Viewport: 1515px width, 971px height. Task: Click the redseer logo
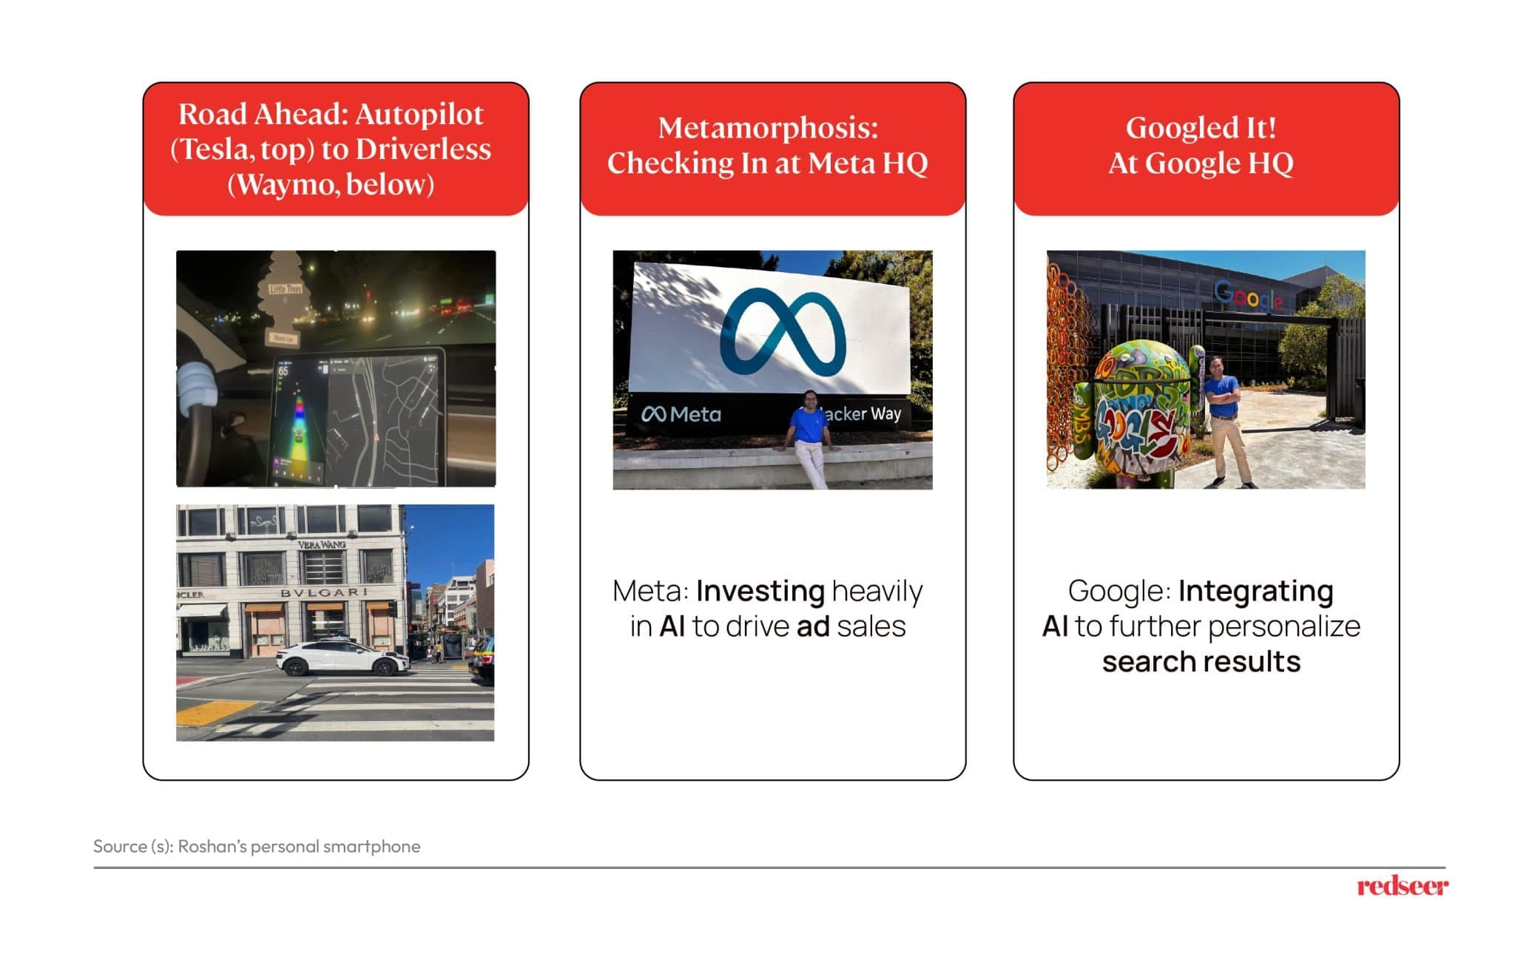1402,886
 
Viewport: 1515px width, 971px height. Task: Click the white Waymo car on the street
342,658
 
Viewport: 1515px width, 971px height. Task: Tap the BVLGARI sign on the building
323,592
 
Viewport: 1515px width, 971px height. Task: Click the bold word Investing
760,592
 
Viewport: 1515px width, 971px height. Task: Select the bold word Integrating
1255,592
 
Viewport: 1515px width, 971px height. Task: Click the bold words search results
1201,662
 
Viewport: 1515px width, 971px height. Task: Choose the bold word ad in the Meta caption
812,627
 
